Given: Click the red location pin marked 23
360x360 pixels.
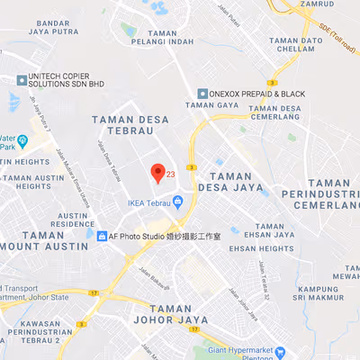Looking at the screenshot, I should [157, 173].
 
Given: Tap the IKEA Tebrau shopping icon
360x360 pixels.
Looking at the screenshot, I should [178, 201].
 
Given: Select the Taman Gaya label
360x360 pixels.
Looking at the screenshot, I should [206, 105].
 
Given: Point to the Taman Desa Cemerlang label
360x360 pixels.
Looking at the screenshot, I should [263, 112].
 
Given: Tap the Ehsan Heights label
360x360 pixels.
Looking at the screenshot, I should [261, 247].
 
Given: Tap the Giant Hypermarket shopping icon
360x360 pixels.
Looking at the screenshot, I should [280, 352].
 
